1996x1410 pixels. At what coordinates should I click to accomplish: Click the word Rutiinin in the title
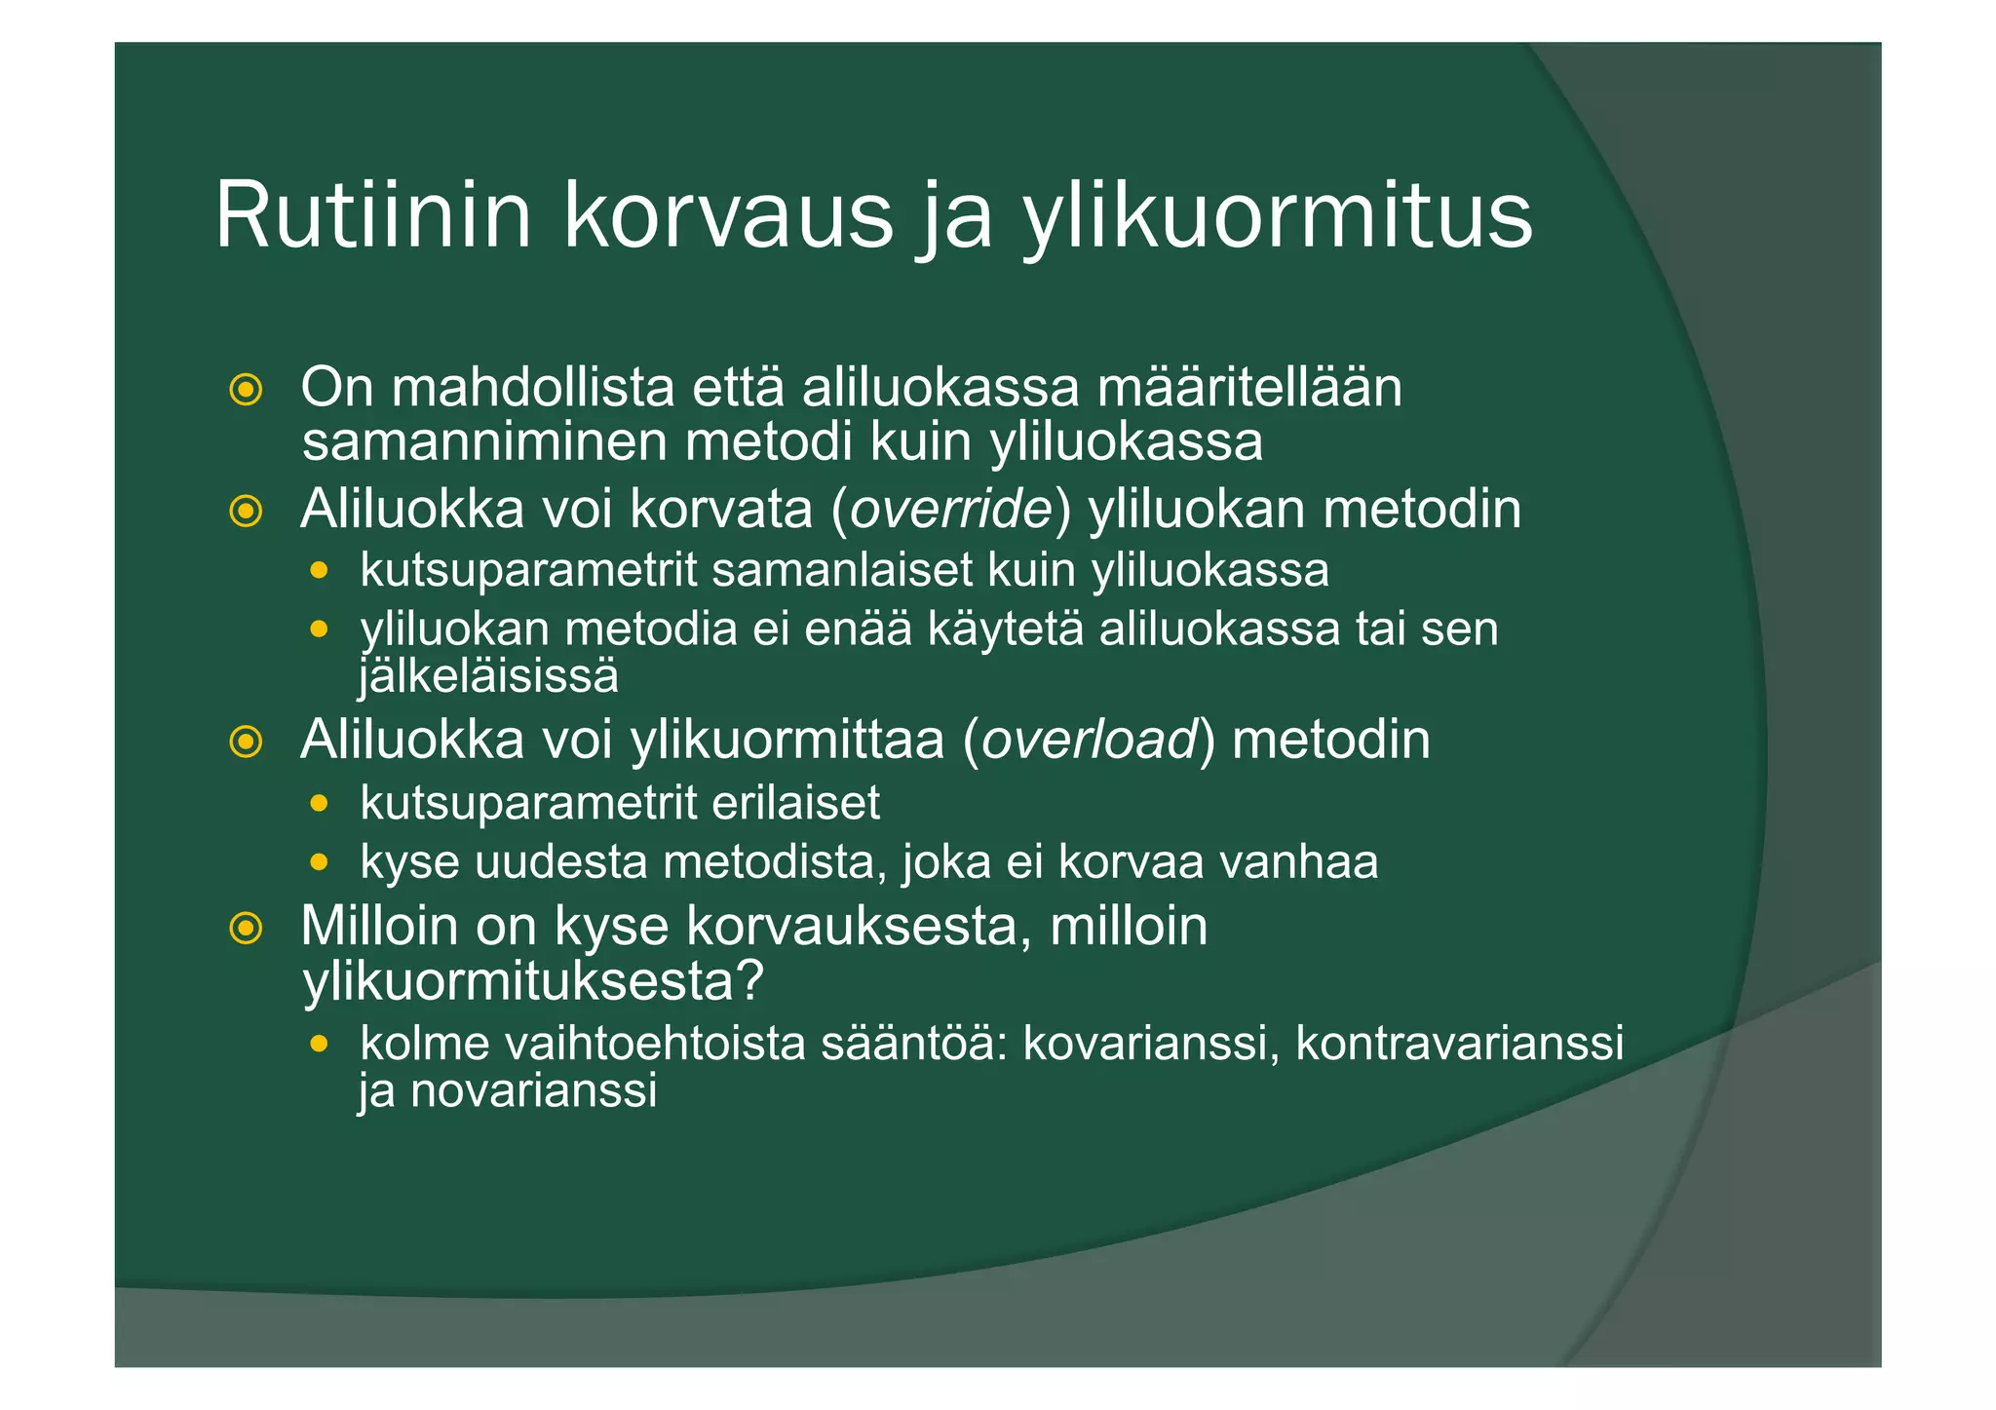click(373, 215)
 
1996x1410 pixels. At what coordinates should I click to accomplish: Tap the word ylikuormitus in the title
click(1277, 217)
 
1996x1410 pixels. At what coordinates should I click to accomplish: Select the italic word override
click(951, 509)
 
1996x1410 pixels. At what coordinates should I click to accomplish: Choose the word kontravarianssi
click(1459, 1043)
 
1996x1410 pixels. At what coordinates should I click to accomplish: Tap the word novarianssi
click(533, 1090)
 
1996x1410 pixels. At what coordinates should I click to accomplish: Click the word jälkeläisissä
click(488, 676)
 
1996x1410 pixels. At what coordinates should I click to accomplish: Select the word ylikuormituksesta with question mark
click(533, 981)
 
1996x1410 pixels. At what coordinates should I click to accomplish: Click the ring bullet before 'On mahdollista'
click(246, 390)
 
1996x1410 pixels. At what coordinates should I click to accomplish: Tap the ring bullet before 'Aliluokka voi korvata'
click(246, 511)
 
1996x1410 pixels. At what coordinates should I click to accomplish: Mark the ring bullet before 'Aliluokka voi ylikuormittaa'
click(246, 742)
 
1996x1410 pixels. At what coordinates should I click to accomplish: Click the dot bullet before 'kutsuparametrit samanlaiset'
click(319, 570)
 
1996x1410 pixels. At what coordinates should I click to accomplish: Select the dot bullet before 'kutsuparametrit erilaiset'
click(319, 804)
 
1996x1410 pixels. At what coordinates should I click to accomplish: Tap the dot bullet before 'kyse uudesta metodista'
click(319, 862)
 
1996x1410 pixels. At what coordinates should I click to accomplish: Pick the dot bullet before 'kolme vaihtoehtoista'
click(319, 1044)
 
